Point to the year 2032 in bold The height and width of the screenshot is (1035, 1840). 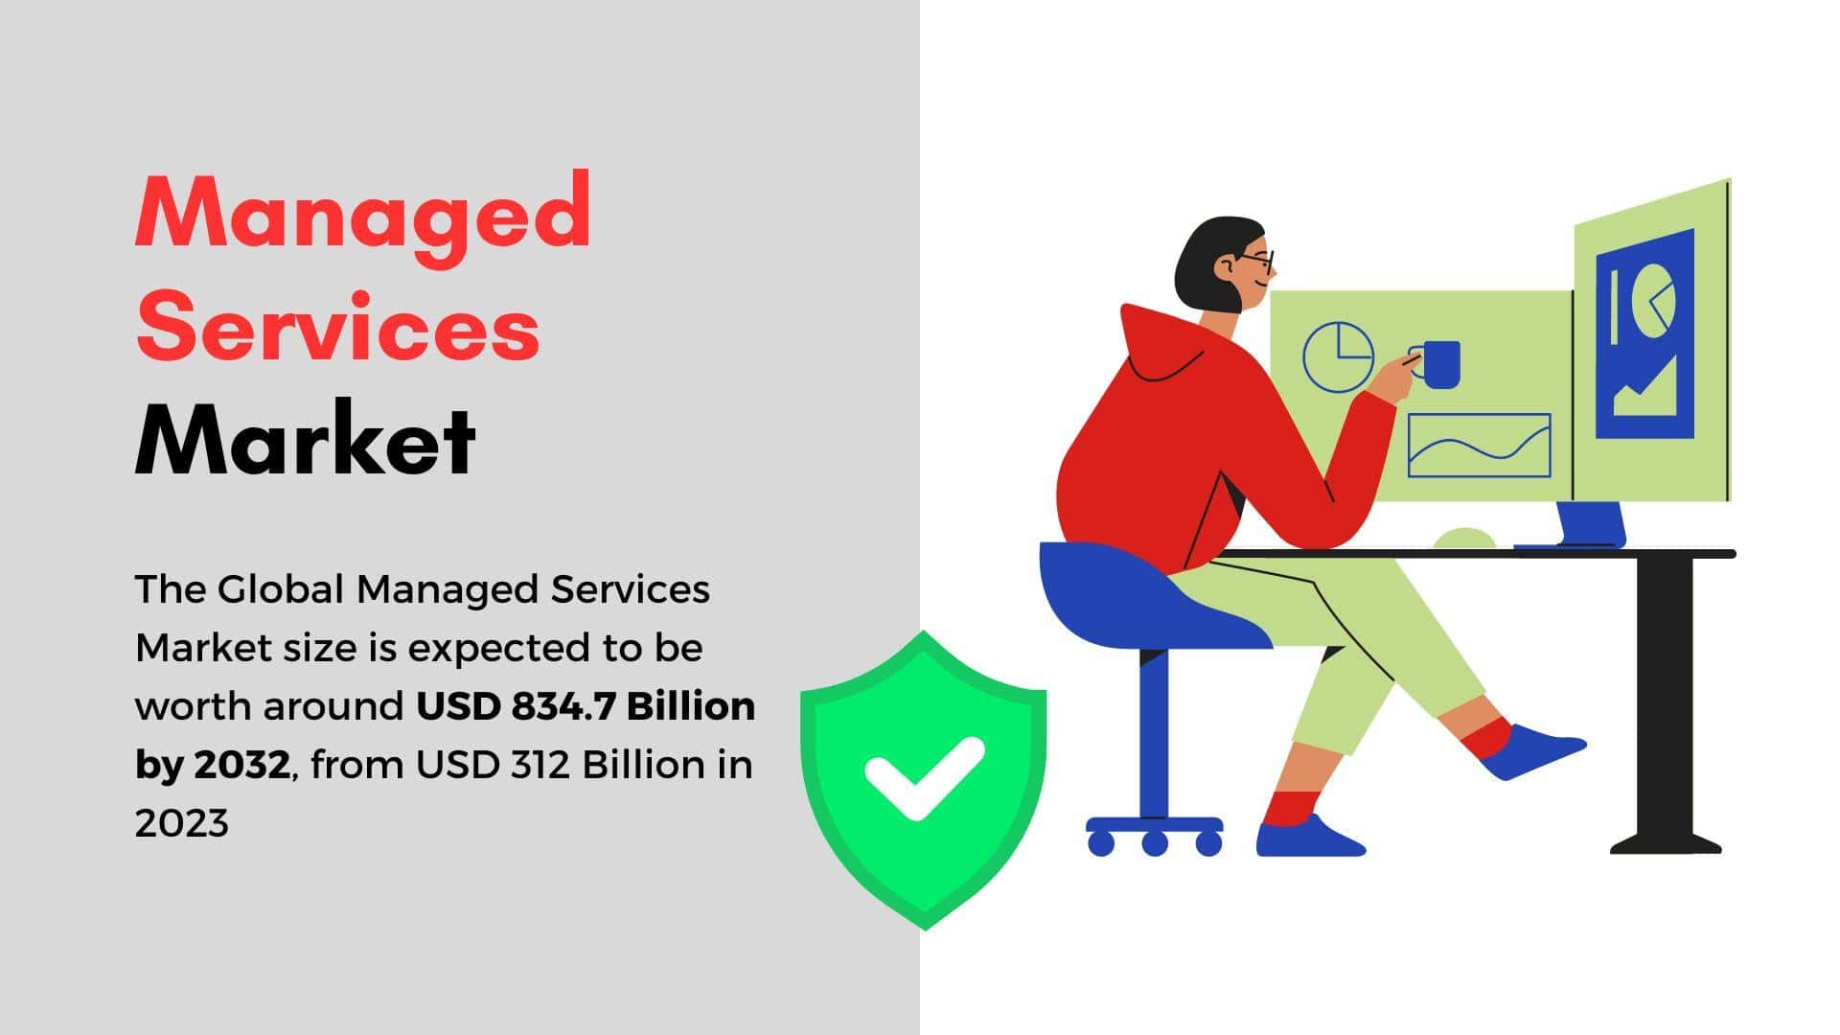(x=241, y=765)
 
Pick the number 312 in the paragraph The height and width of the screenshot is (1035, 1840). (x=541, y=765)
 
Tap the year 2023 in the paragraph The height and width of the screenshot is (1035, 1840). (x=182, y=823)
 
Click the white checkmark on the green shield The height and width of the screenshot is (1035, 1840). (x=924, y=777)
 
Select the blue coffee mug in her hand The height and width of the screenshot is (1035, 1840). (x=1438, y=364)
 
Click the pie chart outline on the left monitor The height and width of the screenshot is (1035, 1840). (x=1339, y=356)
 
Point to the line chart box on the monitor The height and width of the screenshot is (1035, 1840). (x=1479, y=445)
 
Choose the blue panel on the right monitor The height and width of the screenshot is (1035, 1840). (x=1644, y=334)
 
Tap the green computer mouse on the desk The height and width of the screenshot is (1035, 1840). (x=1464, y=538)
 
